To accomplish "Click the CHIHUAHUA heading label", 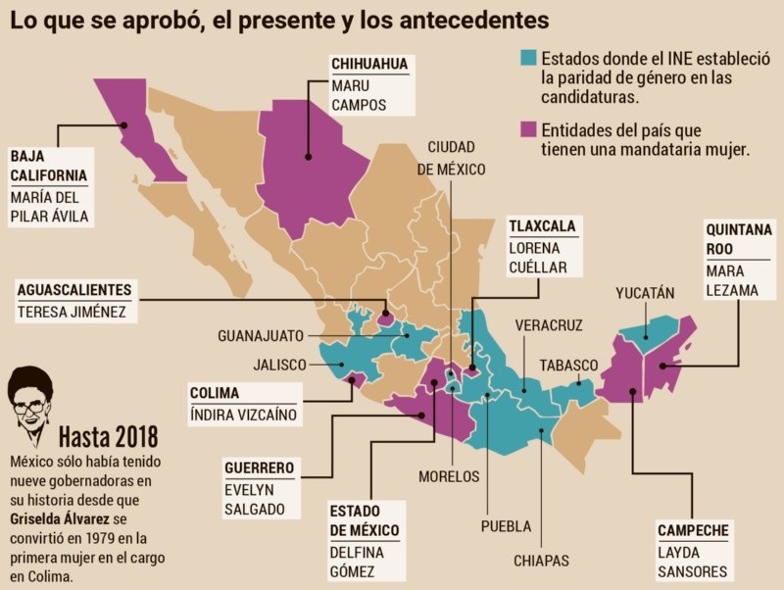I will (x=368, y=65).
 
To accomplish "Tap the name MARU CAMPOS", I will (x=360, y=95).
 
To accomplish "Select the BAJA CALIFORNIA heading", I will (x=48, y=166).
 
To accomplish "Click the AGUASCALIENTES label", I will (x=74, y=290).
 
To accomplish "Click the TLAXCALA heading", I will (x=542, y=226).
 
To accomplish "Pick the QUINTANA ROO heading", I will (x=739, y=239).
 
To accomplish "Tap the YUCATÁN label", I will (x=645, y=293).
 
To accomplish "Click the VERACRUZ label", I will (x=550, y=325).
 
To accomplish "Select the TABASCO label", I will (x=568, y=366).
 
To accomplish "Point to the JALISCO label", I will (x=280, y=365).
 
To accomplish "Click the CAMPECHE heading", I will (x=693, y=531).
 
